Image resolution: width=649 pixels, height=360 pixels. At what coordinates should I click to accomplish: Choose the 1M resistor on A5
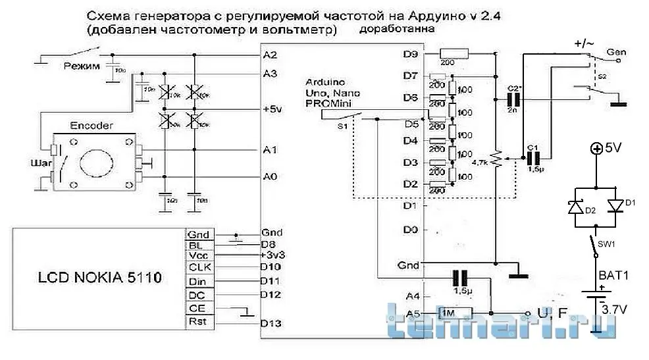tap(455, 313)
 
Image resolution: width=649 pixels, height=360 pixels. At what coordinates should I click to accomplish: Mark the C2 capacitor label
tap(515, 88)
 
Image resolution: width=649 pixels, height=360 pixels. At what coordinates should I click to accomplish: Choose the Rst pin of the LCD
tap(197, 322)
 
